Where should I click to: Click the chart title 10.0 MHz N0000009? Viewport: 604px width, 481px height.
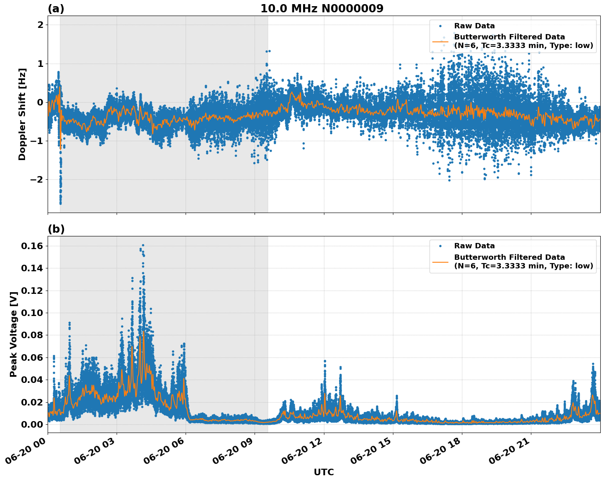point(322,9)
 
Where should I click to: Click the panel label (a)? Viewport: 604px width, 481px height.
point(56,9)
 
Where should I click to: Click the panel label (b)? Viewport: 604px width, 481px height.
point(56,229)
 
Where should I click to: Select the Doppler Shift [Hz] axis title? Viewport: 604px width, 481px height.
point(22,114)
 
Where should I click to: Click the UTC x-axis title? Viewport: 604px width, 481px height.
point(324,472)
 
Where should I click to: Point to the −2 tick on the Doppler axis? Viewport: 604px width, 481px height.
point(37,180)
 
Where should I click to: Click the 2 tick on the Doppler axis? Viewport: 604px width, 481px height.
point(40,25)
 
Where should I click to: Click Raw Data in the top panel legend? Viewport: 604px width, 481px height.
point(474,26)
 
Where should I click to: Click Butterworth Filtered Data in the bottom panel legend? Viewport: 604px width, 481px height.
point(509,257)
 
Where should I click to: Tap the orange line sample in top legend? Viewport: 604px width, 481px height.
point(440,41)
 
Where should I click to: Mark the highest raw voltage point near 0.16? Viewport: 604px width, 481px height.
point(143,245)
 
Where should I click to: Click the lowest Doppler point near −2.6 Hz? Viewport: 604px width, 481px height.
point(60,203)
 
